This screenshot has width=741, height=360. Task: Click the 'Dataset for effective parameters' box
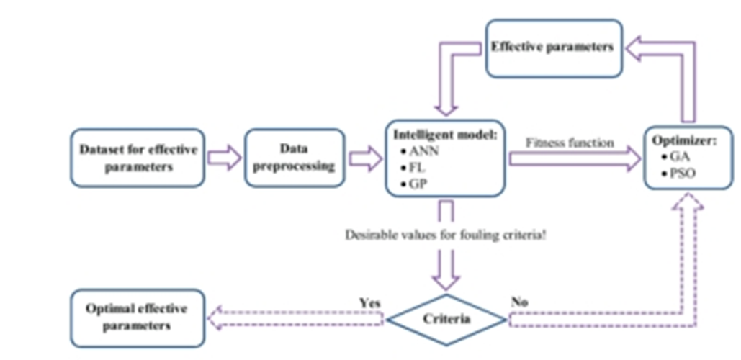(138, 158)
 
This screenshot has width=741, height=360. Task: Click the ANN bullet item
(421, 152)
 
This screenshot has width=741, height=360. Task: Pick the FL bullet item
(416, 168)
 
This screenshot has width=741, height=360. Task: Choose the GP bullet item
(416, 184)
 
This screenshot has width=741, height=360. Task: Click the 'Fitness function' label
(570, 143)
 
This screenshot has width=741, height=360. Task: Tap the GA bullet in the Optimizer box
(678, 156)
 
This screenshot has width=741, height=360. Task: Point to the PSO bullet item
(681, 173)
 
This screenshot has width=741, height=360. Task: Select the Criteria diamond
(446, 318)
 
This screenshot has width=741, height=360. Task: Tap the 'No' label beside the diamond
(519, 302)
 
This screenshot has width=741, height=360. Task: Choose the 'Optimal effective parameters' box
(137, 317)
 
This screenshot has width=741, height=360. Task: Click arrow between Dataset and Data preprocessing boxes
(225, 158)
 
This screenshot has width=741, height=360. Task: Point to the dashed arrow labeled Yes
(295, 318)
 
